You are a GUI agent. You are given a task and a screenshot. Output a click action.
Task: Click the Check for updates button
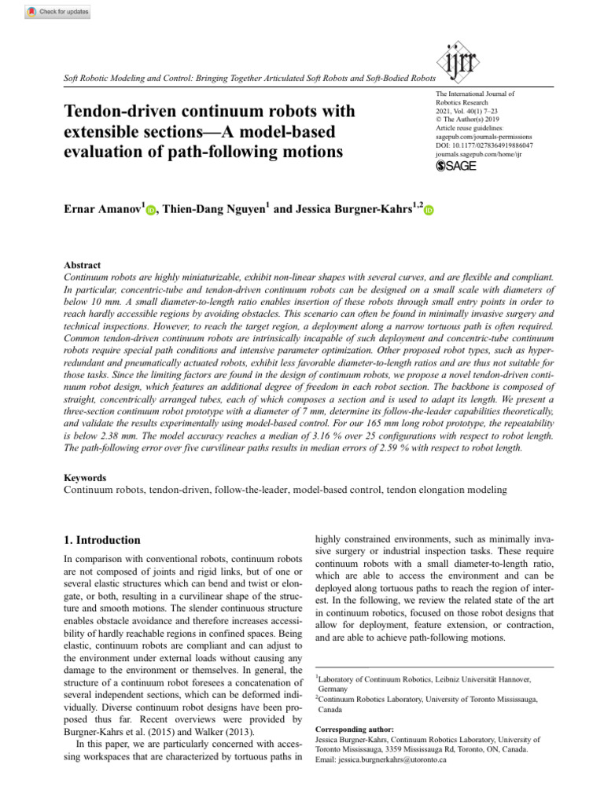tap(58, 12)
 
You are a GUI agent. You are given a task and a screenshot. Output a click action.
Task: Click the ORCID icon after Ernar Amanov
tap(151, 208)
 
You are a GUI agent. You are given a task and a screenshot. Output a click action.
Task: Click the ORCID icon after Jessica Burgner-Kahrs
tap(429, 208)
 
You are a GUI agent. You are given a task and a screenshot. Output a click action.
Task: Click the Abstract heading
tap(82, 266)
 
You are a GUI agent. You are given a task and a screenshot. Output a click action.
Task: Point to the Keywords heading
tap(85, 477)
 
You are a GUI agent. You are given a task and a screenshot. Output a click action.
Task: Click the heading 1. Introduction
tap(101, 540)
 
